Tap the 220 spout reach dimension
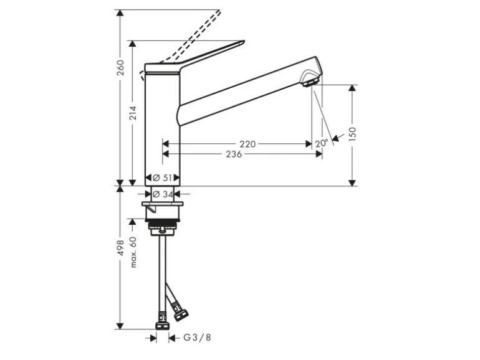tap(247, 144)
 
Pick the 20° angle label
tap(322, 143)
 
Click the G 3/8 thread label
tap(197, 338)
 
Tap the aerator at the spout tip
tap(310, 79)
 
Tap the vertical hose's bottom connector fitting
tap(162, 324)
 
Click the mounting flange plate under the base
tap(163, 204)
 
